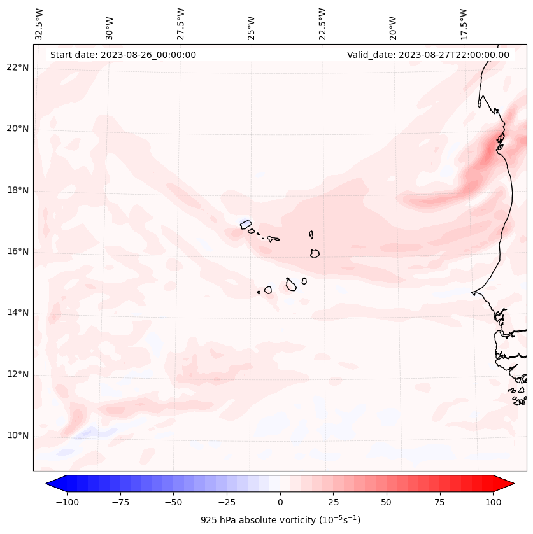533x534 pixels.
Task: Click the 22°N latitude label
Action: pyautogui.click(x=17, y=68)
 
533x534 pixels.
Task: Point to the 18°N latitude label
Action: pyautogui.click(x=17, y=190)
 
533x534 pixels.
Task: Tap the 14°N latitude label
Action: pyautogui.click(x=17, y=313)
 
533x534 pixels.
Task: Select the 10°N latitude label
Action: pyautogui.click(x=17, y=435)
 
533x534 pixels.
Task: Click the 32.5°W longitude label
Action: pyautogui.click(x=39, y=24)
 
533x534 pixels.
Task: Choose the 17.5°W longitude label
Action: pyautogui.click(x=464, y=24)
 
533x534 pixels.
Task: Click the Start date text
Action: pyautogui.click(x=123, y=55)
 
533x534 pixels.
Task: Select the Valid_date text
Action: pyautogui.click(x=428, y=55)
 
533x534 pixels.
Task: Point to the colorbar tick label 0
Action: pyautogui.click(x=280, y=502)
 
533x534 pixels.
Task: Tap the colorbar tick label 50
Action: pyautogui.click(x=387, y=502)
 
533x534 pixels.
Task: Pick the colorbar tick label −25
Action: pyautogui.click(x=227, y=502)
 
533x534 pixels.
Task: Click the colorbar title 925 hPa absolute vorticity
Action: pyautogui.click(x=280, y=520)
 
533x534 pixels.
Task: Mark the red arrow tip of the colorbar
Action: pyautogui.click(x=513, y=484)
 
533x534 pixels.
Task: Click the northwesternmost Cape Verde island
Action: pyautogui.click(x=246, y=223)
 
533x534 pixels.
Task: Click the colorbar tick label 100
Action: pyautogui.click(x=493, y=502)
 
